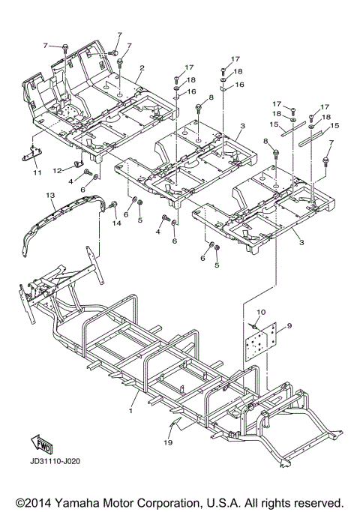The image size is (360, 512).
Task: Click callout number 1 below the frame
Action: [x=131, y=411]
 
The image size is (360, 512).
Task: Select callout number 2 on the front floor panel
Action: [x=142, y=68]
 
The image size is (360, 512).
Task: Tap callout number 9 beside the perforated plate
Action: [x=289, y=325]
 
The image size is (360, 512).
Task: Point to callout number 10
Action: [x=261, y=312]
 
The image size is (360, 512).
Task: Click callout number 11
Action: [x=37, y=172]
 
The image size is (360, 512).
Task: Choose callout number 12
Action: [x=58, y=170]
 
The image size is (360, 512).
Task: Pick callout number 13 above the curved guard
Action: [x=50, y=195]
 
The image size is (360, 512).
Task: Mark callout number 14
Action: [x=116, y=223]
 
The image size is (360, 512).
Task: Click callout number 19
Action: [x=169, y=443]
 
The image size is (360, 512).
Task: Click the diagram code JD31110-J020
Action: [x=55, y=462]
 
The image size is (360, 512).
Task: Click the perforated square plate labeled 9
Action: [x=261, y=341]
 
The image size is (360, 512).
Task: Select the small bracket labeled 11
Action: [x=31, y=154]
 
